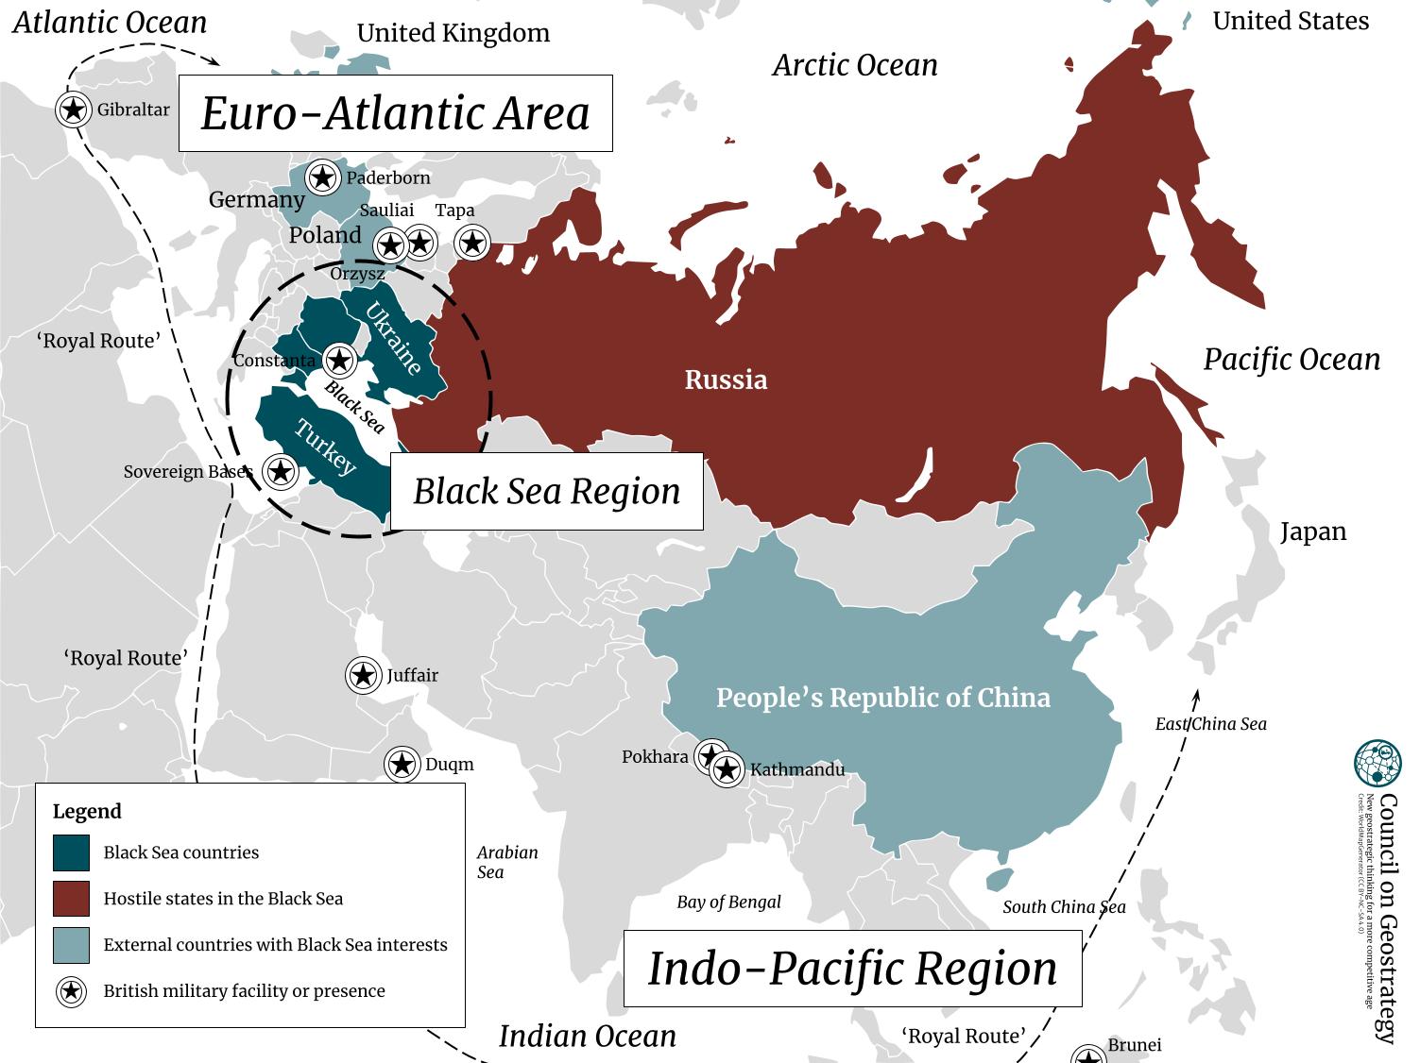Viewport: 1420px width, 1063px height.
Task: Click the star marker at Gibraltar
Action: click(74, 110)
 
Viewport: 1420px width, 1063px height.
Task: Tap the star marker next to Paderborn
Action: click(323, 177)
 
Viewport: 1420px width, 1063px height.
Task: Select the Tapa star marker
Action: click(472, 243)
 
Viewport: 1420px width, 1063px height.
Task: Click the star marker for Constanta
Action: click(339, 360)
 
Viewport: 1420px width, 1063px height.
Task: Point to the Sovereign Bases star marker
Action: click(280, 471)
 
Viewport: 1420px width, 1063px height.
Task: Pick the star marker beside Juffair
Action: click(363, 675)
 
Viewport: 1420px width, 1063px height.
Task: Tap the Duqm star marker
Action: click(402, 764)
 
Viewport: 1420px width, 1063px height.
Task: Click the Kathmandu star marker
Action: click(727, 770)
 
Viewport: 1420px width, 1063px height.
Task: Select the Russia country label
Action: click(726, 380)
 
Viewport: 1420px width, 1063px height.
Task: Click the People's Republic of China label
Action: click(882, 698)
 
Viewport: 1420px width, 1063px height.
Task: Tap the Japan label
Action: click(1312, 531)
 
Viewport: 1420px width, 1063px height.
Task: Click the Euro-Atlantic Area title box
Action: click(396, 113)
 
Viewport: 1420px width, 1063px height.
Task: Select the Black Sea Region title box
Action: click(546, 491)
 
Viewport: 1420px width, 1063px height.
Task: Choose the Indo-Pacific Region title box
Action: click(852, 969)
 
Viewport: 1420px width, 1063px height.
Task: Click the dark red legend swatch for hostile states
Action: click(72, 899)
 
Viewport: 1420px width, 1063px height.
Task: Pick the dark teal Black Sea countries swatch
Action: click(72, 852)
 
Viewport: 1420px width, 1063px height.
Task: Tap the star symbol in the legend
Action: click(72, 991)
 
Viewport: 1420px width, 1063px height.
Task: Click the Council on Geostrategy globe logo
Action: click(1377, 764)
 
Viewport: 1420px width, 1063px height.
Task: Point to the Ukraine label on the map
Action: click(393, 339)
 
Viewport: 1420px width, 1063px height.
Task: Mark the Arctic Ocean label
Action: click(855, 65)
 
